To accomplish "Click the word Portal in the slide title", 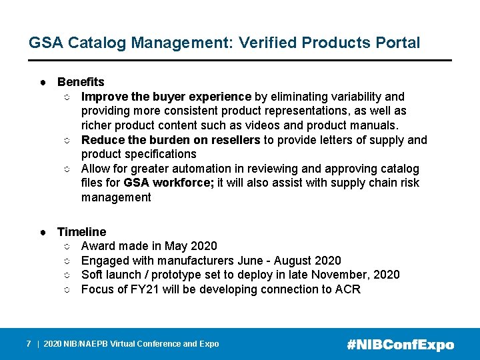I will point(397,43).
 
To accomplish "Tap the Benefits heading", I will point(81,82).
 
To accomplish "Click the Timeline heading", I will point(81,232).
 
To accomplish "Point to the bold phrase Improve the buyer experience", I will point(166,97).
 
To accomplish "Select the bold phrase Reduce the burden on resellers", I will point(171,140).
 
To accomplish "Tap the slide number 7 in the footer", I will point(29,344).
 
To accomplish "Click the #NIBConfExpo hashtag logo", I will point(401,345).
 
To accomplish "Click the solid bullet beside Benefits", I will point(42,83).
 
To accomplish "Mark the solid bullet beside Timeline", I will point(42,233).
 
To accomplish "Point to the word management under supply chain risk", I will point(116,197).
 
